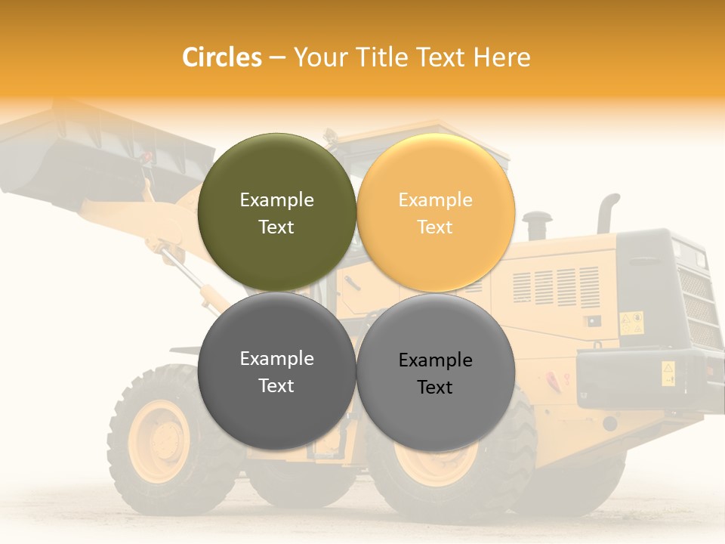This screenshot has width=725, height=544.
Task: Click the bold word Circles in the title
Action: pyautogui.click(x=222, y=57)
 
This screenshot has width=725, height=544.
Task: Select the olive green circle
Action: pyautogui.click(x=276, y=212)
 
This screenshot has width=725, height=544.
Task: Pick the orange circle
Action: pyautogui.click(x=435, y=212)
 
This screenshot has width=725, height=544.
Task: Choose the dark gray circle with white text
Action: pyautogui.click(x=276, y=371)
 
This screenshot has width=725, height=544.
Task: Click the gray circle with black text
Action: pyautogui.click(x=435, y=372)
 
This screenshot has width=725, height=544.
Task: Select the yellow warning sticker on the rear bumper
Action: pyautogui.click(x=668, y=372)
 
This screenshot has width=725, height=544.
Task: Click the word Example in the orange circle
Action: pyautogui.click(x=435, y=199)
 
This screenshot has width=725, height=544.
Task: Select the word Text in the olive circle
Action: pyautogui.click(x=276, y=227)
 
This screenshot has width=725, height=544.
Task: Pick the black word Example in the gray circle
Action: pyautogui.click(x=435, y=360)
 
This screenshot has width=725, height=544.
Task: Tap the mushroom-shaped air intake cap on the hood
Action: pyautogui.click(x=537, y=220)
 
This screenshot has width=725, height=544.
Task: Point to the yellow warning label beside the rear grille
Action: pyautogui.click(x=631, y=323)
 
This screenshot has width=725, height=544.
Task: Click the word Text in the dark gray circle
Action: pyautogui.click(x=276, y=385)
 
